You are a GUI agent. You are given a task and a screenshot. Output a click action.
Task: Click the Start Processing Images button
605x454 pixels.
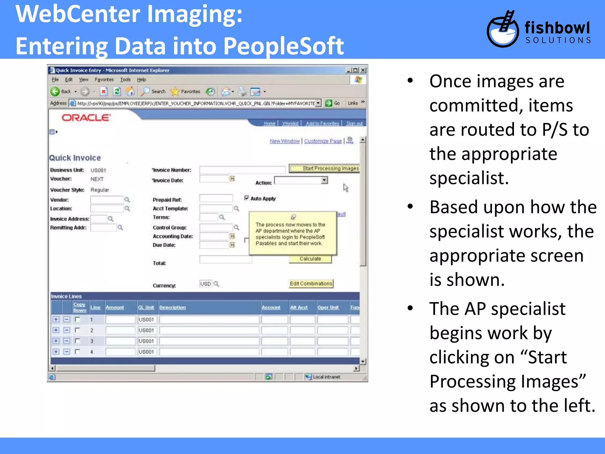(324, 168)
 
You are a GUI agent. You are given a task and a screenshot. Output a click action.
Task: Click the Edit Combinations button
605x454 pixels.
(311, 284)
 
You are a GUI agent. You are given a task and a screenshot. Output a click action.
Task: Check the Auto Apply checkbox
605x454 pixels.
(247, 198)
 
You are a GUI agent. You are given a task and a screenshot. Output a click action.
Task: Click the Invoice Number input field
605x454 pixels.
(242, 170)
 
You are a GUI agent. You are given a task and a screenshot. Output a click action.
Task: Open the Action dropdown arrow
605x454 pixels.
(324, 180)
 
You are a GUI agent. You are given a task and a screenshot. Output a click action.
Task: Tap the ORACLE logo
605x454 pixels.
(86, 118)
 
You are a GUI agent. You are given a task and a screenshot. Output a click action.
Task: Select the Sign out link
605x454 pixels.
(354, 123)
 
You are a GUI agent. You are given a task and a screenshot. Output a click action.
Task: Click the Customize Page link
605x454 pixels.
(323, 141)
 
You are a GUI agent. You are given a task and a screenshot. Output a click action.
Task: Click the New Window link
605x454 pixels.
(284, 141)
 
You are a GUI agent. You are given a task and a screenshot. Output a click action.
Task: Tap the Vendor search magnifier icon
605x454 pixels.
(127, 200)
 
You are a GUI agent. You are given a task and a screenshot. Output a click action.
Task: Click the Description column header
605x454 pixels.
(173, 307)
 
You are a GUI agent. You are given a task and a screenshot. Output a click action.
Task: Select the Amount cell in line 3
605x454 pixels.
(120, 341)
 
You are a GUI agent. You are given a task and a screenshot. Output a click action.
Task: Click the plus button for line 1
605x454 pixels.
(56, 320)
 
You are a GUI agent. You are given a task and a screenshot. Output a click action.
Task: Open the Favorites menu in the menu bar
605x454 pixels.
(104, 80)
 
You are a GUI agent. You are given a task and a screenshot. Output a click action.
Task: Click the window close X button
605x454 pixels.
(363, 70)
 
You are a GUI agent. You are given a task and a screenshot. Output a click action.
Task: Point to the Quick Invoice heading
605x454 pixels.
(75, 158)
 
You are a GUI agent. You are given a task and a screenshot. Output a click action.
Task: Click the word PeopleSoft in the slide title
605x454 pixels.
(283, 46)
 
